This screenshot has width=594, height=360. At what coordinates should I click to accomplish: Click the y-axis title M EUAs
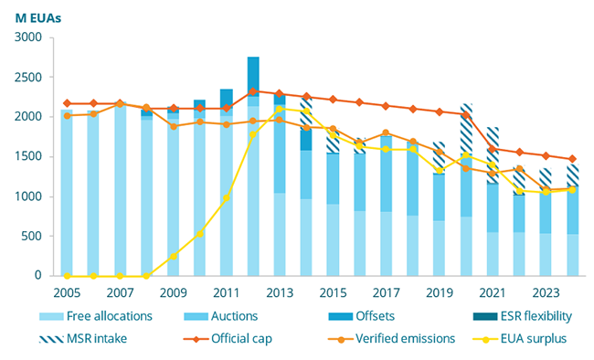(x=38, y=16)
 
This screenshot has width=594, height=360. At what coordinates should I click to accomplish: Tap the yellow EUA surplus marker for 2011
(x=227, y=198)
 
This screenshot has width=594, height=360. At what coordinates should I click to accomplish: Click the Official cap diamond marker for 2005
(x=67, y=103)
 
